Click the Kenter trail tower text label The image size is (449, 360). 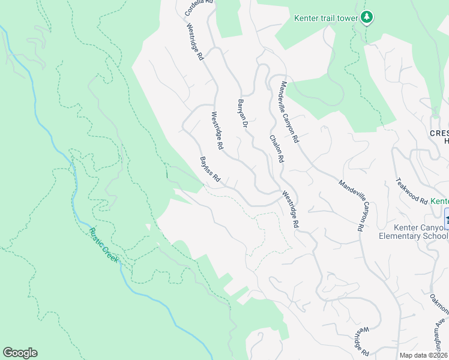[325, 18]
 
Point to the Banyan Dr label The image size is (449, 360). [243, 113]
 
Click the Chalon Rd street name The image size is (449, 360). [276, 148]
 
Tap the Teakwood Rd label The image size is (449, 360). [411, 191]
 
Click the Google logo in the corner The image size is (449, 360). [20, 353]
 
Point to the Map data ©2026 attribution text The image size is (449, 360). [424, 355]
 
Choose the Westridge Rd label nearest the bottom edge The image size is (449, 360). [360, 340]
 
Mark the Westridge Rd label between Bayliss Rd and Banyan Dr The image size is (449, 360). [217, 130]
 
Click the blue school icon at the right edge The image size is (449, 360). [446, 217]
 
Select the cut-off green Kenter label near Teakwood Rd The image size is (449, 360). [440, 201]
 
